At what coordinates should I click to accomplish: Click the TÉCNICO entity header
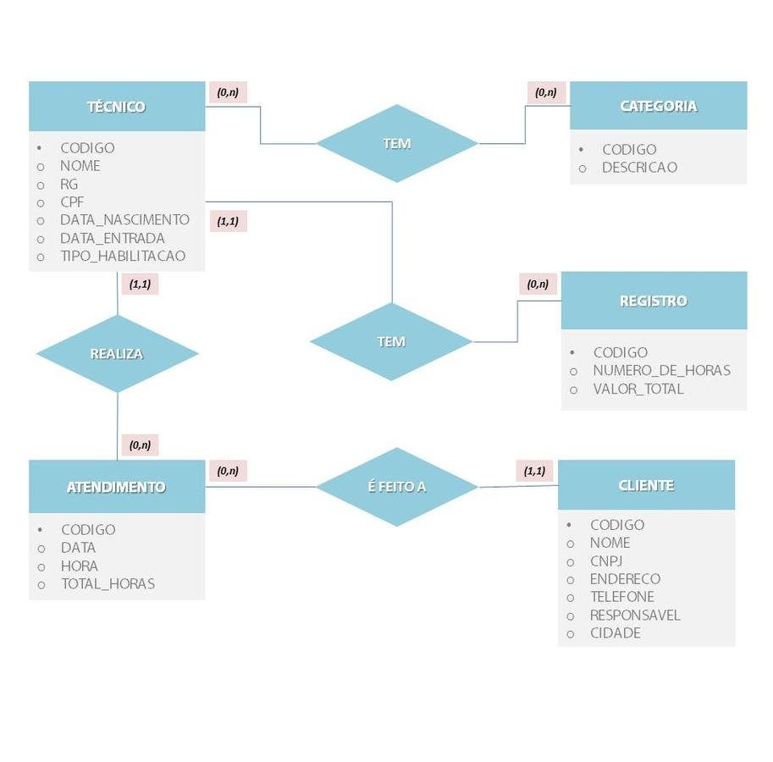pyautogui.click(x=117, y=107)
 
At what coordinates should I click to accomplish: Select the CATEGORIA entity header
pyautogui.click(x=658, y=106)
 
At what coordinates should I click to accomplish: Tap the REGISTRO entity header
pyautogui.click(x=654, y=301)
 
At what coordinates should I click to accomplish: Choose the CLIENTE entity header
pyautogui.click(x=646, y=485)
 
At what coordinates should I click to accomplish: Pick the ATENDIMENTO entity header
pyautogui.click(x=117, y=487)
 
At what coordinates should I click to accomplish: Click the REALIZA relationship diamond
pyautogui.click(x=117, y=354)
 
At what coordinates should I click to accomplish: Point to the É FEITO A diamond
pyautogui.click(x=396, y=487)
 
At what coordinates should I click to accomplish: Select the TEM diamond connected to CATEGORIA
pyautogui.click(x=396, y=143)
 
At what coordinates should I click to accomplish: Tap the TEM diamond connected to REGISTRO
pyautogui.click(x=391, y=341)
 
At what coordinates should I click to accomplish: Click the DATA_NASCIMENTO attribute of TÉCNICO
pyautogui.click(x=124, y=220)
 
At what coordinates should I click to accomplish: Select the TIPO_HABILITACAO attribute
pyautogui.click(x=123, y=256)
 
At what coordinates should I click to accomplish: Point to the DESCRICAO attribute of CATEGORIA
pyautogui.click(x=639, y=168)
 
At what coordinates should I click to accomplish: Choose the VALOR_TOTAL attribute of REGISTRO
pyautogui.click(x=638, y=389)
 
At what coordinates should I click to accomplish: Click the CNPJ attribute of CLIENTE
pyautogui.click(x=606, y=561)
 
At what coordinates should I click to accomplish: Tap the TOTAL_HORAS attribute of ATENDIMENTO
pyautogui.click(x=108, y=584)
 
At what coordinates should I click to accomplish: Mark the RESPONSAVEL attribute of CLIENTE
pyautogui.click(x=635, y=616)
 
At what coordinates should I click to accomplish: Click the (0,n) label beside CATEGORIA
pyautogui.click(x=546, y=92)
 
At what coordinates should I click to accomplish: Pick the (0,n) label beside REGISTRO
pyautogui.click(x=538, y=284)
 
